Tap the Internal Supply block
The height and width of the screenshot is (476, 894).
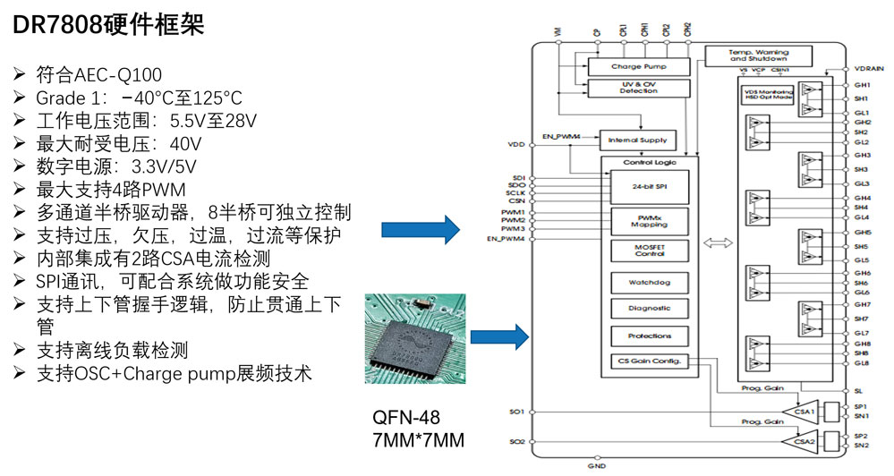637,140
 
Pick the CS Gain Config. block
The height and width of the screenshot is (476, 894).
647,361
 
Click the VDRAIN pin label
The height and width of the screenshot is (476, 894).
868,69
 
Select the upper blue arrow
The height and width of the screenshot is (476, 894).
421,228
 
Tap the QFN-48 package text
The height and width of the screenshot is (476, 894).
406,419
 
